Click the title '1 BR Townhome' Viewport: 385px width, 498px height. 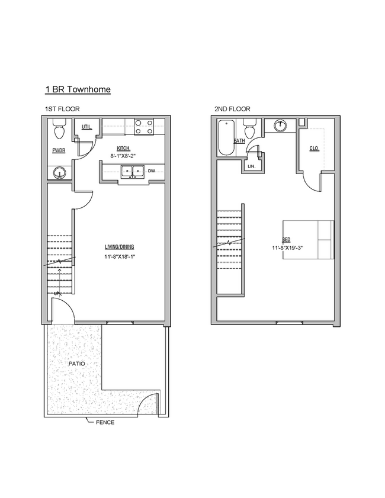pos(78,89)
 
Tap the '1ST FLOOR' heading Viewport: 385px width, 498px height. pos(62,109)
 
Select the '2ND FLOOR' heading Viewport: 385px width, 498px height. pos(232,109)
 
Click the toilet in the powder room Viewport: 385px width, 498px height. pos(59,128)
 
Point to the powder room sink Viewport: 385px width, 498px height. pos(59,173)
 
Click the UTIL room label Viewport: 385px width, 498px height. pos(86,127)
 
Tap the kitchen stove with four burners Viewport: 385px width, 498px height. pos(144,127)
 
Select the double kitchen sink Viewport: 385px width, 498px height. pos(131,172)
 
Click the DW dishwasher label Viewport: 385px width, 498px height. pos(152,171)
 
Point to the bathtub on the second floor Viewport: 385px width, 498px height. pos(226,139)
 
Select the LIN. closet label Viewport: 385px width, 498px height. pos(251,166)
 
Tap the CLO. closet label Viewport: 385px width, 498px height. pos(314,148)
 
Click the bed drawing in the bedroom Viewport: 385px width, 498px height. pos(308,239)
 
